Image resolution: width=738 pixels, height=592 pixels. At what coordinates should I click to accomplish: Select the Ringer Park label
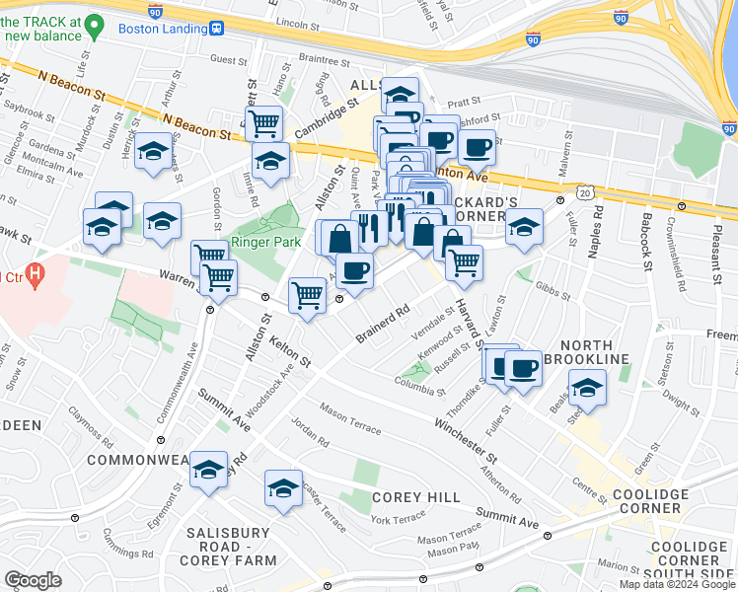click(x=258, y=242)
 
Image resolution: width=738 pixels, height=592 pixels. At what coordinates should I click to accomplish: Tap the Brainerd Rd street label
click(x=384, y=325)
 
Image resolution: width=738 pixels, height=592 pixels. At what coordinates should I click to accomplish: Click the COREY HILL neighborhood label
click(x=415, y=497)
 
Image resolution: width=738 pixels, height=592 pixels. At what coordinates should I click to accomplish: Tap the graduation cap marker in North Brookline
click(x=586, y=388)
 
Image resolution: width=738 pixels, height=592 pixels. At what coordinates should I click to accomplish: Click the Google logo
click(x=33, y=580)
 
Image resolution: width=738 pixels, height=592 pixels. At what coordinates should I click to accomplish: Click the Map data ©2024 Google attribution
click(x=677, y=583)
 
